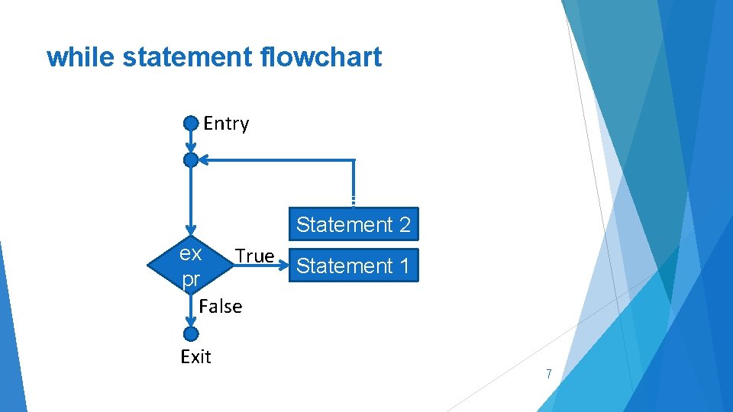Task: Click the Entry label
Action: click(226, 124)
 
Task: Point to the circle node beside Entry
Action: click(191, 123)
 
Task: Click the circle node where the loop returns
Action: click(191, 159)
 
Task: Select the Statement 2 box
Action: click(354, 224)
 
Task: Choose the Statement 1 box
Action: click(354, 266)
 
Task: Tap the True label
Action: click(254, 256)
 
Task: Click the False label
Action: click(220, 307)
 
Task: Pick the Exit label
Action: click(195, 356)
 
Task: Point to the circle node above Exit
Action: click(191, 333)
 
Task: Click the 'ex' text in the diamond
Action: click(190, 253)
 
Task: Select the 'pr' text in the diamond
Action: click(190, 280)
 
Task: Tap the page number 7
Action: click(548, 374)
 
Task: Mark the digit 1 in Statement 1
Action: click(404, 266)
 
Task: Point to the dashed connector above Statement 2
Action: click(354, 201)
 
